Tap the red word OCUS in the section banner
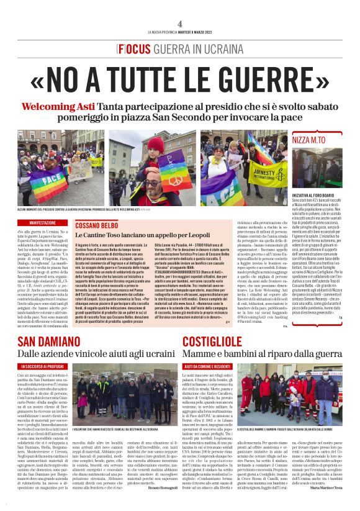[132, 48]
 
